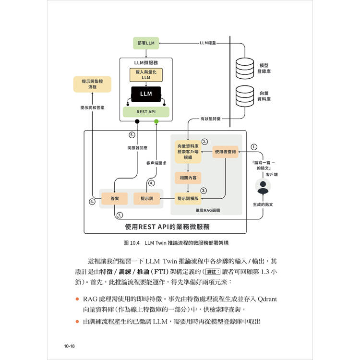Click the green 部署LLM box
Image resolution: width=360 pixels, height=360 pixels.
pyautogui.click(x=145, y=43)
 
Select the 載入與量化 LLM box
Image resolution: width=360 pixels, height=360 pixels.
pyautogui.click(x=146, y=74)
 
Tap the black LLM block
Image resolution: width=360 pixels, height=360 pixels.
pyautogui.click(x=146, y=94)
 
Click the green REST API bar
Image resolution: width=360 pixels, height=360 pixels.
pyautogui.click(x=146, y=112)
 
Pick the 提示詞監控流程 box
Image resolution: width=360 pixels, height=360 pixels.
pyautogui.click(x=92, y=84)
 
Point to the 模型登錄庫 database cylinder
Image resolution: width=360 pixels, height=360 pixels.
pyautogui.click(x=245, y=68)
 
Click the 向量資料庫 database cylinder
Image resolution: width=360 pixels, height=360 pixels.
pyautogui.click(x=245, y=96)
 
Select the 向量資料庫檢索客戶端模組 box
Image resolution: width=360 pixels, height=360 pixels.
pyautogui.click(x=188, y=151)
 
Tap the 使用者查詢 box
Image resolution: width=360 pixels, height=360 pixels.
pyautogui.click(x=225, y=152)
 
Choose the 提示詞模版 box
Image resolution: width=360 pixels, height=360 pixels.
pyautogui.click(x=188, y=198)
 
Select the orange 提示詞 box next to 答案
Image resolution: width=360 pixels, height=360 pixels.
pyautogui.click(x=146, y=198)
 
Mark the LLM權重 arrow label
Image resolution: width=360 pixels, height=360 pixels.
pyautogui.click(x=208, y=43)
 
